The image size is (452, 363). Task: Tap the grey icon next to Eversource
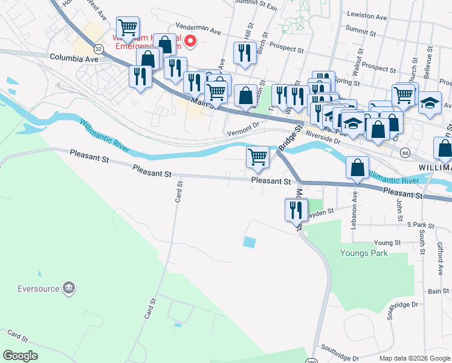69,286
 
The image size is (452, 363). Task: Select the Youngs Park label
364,253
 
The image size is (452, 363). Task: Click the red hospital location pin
190,41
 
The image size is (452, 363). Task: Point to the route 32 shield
99,48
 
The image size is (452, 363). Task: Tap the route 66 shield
405,154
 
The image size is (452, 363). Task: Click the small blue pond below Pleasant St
249,242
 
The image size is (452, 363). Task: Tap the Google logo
20,356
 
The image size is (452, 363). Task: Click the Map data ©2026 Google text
410,358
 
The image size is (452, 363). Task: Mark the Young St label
387,243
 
